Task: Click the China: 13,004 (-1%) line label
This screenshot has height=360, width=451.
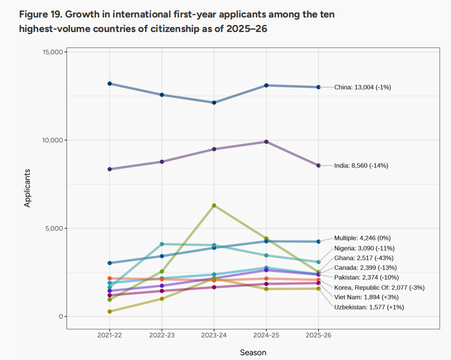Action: click(x=362, y=87)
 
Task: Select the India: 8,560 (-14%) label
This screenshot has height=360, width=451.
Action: click(x=361, y=165)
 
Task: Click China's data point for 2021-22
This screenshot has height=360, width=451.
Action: click(x=109, y=83)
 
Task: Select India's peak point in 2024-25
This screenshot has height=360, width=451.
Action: click(x=266, y=141)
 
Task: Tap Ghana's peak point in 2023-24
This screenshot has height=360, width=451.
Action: click(x=214, y=205)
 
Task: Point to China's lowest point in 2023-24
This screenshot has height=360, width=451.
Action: click(x=214, y=102)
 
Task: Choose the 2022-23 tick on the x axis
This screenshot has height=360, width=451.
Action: click(x=161, y=335)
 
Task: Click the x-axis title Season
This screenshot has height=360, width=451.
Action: click(x=253, y=352)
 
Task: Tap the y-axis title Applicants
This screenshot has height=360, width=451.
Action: click(x=28, y=188)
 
